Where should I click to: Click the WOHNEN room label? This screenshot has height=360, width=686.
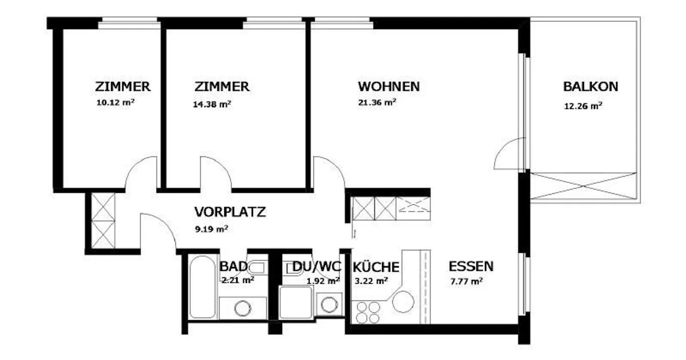point(389,87)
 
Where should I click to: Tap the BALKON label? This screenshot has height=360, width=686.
point(590,87)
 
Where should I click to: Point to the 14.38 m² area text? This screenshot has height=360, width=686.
point(212,104)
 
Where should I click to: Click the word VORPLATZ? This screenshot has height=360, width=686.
point(230,212)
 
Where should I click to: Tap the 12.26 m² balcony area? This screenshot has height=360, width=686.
point(583,106)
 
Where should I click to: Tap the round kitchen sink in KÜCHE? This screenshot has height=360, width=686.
point(403,301)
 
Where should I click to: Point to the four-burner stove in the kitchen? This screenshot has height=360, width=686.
point(368,312)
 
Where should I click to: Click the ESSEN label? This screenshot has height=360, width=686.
point(471,266)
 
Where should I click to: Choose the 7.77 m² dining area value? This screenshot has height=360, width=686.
point(467,281)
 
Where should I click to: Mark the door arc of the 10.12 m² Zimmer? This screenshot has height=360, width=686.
point(140,172)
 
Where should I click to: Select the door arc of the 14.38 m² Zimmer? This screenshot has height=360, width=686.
point(216,172)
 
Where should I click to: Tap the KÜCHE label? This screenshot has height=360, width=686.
point(376,267)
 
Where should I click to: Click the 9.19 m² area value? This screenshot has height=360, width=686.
point(211,229)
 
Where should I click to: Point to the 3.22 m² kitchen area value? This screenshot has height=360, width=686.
point(370,281)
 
